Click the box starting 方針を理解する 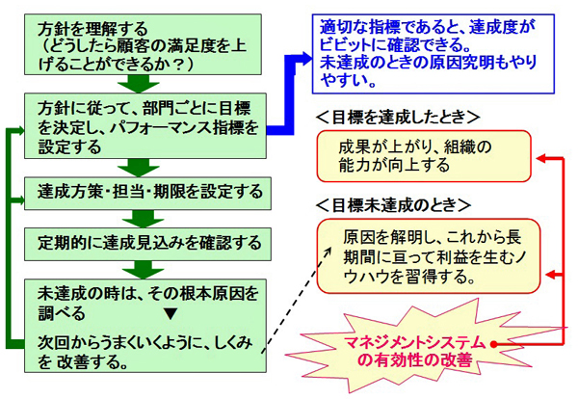click(x=143, y=44)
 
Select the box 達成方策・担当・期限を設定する click(x=147, y=194)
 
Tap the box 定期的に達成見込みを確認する click(x=147, y=245)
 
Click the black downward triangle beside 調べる click(x=171, y=314)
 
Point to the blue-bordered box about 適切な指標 click(x=433, y=54)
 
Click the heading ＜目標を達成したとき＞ click(x=398, y=118)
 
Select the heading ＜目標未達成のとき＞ click(x=393, y=205)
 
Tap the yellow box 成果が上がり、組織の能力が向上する click(x=424, y=156)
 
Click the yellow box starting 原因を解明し click(x=429, y=256)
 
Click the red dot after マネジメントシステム click(x=493, y=344)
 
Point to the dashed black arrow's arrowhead click(x=328, y=252)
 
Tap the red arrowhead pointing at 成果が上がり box click(x=541, y=158)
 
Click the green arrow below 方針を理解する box click(x=138, y=84)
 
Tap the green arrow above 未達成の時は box click(x=143, y=270)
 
